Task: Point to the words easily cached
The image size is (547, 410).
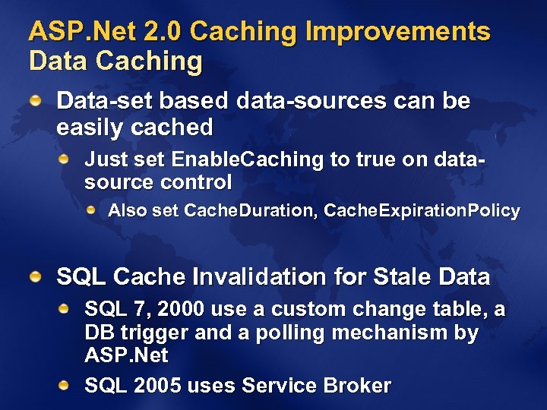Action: pos(134,127)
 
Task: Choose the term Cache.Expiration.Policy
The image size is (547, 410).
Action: pos(422,210)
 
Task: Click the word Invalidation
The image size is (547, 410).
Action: pos(261,277)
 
